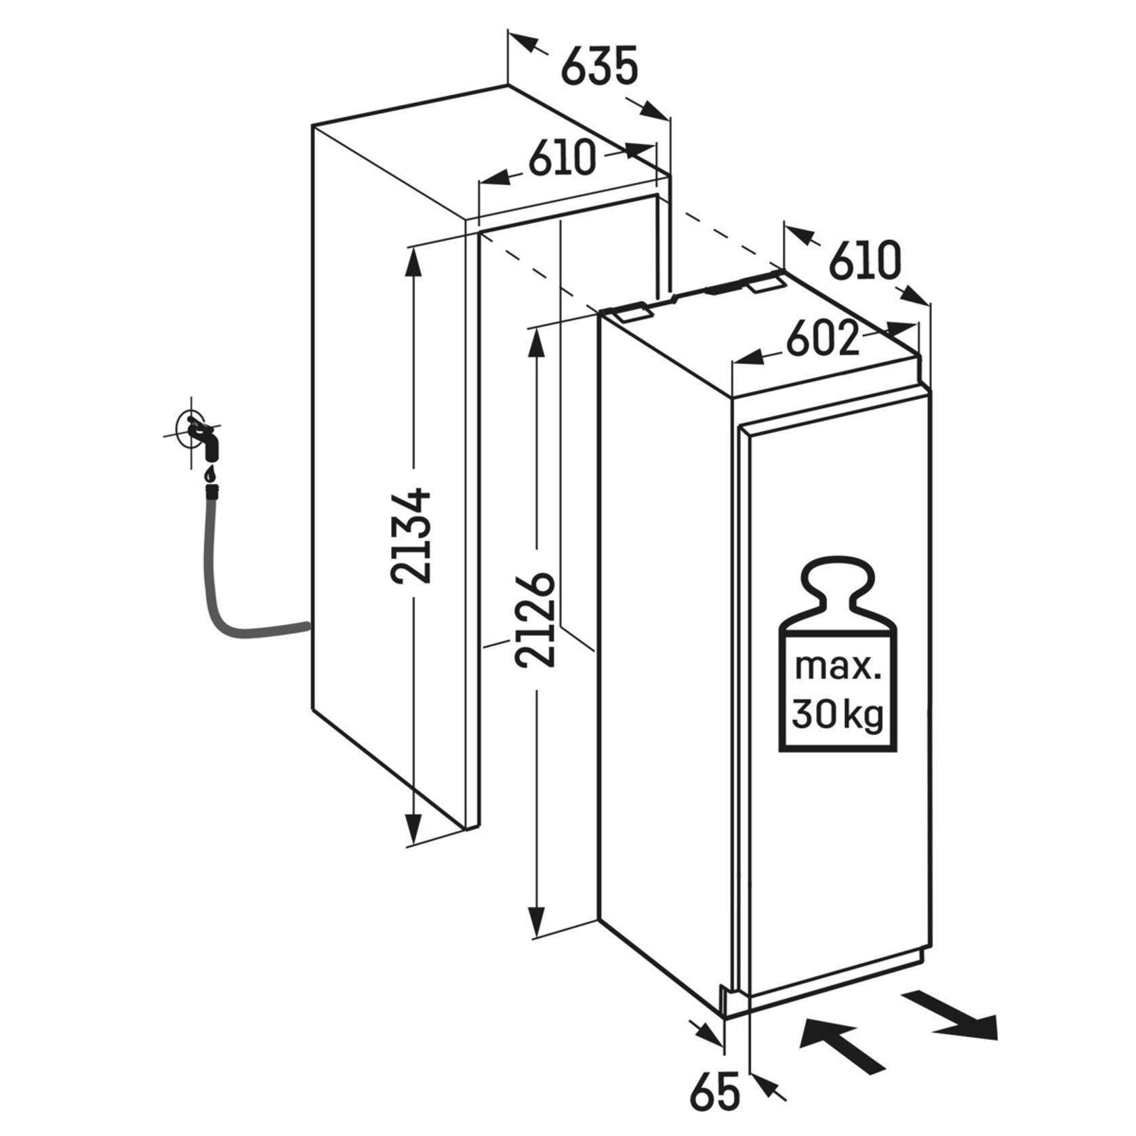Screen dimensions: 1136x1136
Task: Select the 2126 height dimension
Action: (x=535, y=620)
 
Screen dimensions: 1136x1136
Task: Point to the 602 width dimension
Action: (x=822, y=341)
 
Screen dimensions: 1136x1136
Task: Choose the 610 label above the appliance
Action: (x=866, y=260)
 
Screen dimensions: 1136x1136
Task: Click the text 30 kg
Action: (x=838, y=714)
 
